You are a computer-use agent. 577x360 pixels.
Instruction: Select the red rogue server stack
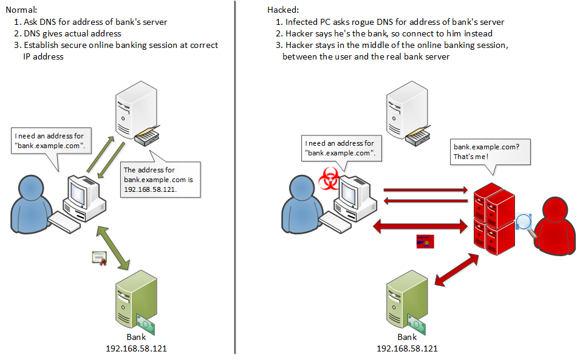pyautogui.click(x=493, y=219)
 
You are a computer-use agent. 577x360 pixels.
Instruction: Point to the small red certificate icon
pyautogui.click(x=423, y=241)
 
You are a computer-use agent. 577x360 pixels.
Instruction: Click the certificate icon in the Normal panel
pyautogui.click(x=100, y=257)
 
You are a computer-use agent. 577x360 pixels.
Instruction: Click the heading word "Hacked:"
pyautogui.click(x=283, y=10)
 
